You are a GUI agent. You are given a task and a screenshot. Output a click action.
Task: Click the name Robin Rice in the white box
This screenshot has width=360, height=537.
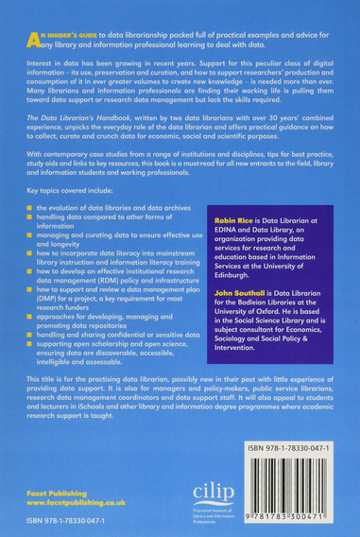pos(223,245)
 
